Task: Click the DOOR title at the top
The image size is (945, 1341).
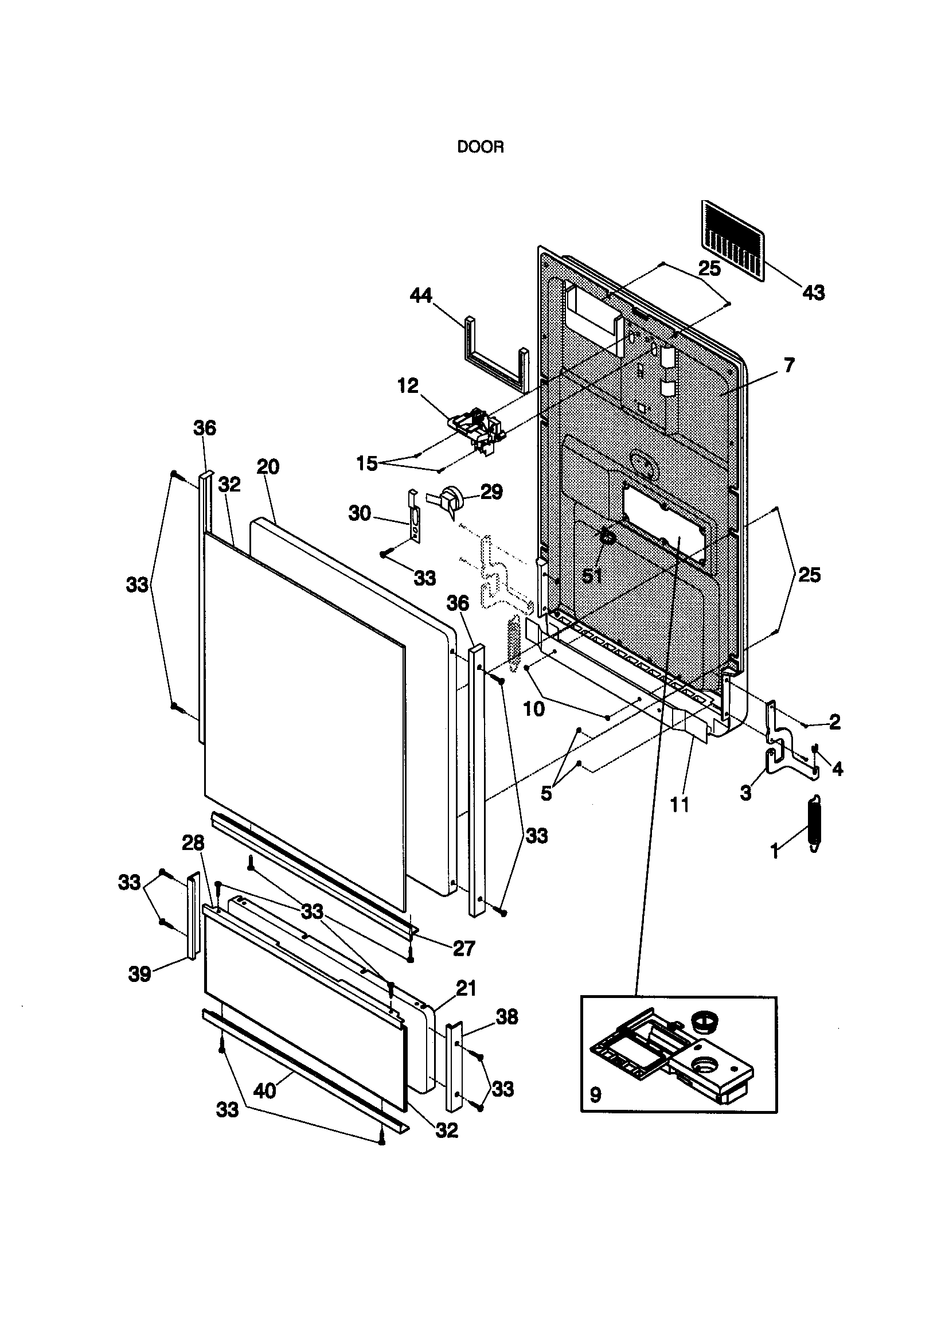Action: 480,147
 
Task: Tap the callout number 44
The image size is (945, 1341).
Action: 420,295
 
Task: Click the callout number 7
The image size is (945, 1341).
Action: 788,365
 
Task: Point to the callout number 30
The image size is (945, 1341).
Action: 360,513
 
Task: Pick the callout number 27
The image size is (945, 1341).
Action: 464,949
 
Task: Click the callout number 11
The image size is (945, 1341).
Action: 680,805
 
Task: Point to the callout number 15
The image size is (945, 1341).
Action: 368,464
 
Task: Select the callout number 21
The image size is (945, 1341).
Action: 466,989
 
